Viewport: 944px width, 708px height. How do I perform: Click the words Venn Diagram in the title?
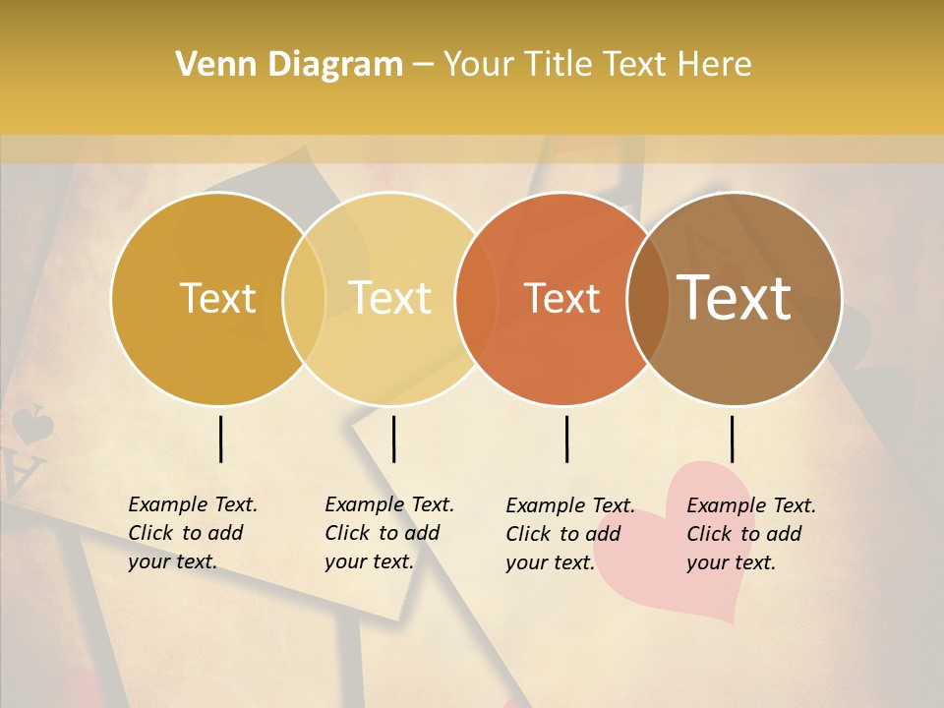(289, 65)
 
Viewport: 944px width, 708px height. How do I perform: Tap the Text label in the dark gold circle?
(217, 298)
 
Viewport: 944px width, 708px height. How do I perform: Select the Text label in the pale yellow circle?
(390, 298)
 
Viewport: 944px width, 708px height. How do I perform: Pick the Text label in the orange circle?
(562, 298)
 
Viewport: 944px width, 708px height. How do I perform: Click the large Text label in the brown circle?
(735, 298)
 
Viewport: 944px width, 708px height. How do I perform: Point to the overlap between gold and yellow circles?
(304, 298)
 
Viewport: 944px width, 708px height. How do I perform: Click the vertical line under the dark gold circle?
(220, 439)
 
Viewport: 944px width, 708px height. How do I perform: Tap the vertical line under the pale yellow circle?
(393, 439)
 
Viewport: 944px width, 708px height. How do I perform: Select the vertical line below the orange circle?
(566, 439)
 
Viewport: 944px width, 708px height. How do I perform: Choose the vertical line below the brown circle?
(732, 439)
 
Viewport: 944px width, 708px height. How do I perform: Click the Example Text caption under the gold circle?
(193, 533)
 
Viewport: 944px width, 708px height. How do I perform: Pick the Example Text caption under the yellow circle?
(389, 533)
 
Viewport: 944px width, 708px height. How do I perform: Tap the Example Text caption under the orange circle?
(570, 534)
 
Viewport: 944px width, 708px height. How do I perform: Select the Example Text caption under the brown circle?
(751, 534)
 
